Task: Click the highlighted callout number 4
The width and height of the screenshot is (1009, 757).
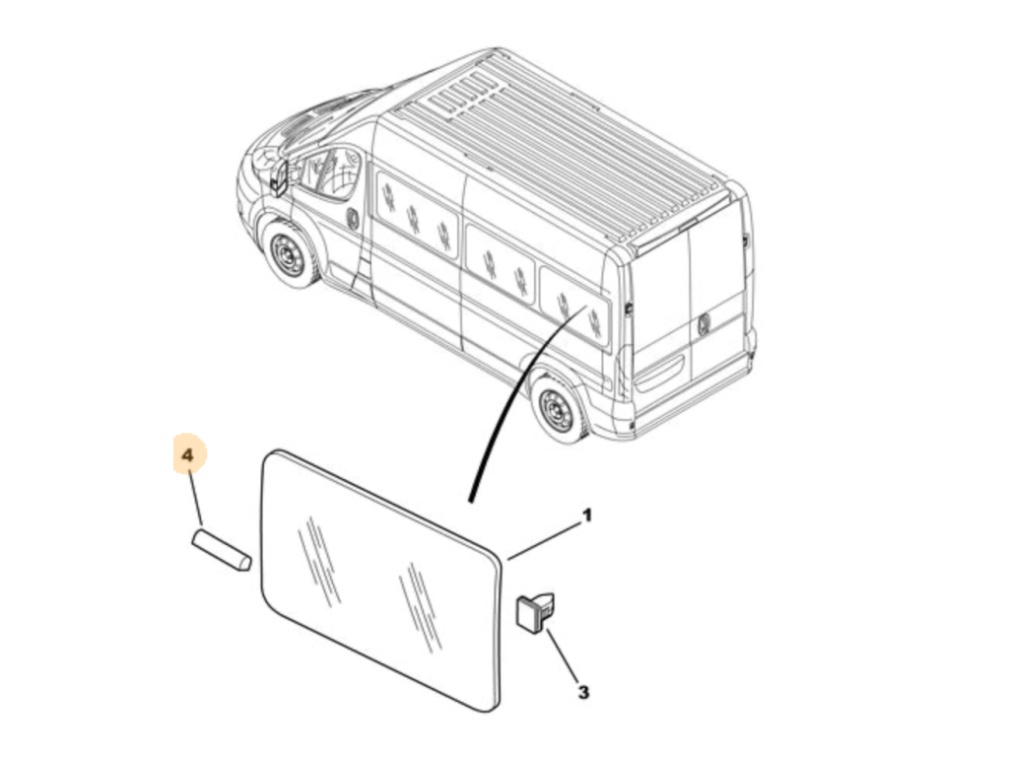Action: pyautogui.click(x=187, y=455)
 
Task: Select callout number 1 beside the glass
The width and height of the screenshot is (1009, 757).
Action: pyautogui.click(x=586, y=516)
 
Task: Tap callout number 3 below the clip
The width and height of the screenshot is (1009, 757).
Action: pyautogui.click(x=583, y=693)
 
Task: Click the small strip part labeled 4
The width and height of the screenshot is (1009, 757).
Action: pyautogui.click(x=222, y=549)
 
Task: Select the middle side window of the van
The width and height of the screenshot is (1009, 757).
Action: pyautogui.click(x=501, y=262)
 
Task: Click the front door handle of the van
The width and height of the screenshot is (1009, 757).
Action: pyautogui.click(x=354, y=218)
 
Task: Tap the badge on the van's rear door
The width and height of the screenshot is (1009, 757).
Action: pyautogui.click(x=704, y=322)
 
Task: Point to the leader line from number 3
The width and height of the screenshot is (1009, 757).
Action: pyautogui.click(x=563, y=655)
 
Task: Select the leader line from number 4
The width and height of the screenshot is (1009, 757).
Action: pyautogui.click(x=196, y=498)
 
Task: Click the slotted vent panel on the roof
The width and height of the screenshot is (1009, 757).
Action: pyautogui.click(x=461, y=94)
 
